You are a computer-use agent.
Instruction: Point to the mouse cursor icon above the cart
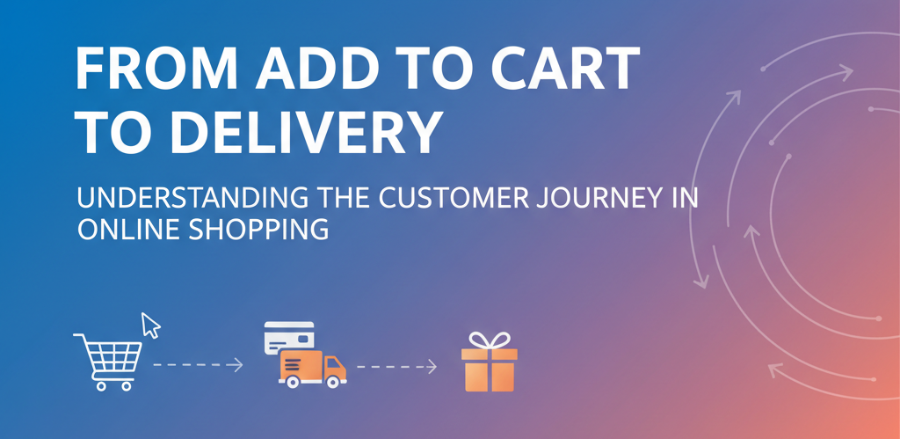[x=150, y=325]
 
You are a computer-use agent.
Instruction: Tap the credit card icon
[x=288, y=337]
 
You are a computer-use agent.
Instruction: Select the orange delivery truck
[x=313, y=369]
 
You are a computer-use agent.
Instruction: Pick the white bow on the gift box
[x=489, y=340]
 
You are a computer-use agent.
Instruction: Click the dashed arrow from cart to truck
[x=198, y=365]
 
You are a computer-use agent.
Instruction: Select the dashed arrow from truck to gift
[x=396, y=366]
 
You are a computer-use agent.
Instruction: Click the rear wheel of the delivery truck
[x=293, y=382]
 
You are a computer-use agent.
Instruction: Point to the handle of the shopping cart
[x=80, y=337]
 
